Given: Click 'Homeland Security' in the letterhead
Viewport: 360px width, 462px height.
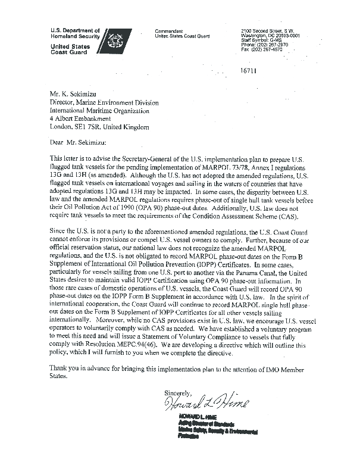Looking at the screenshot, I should click(74, 35).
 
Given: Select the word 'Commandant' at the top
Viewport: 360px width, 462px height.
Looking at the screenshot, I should click(169, 30).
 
